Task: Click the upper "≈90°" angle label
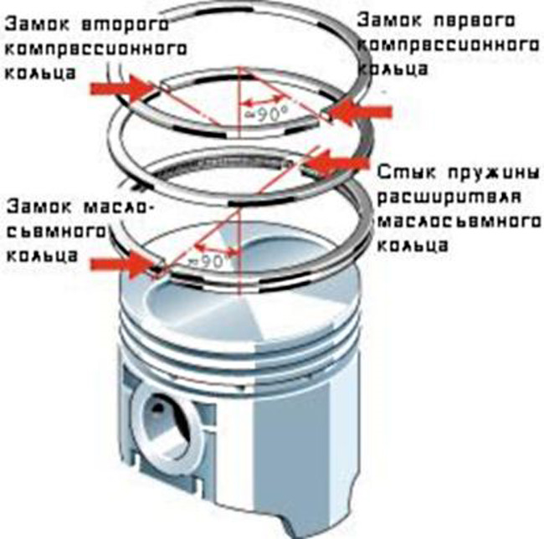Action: (x=260, y=110)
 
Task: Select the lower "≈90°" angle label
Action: (x=213, y=260)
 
